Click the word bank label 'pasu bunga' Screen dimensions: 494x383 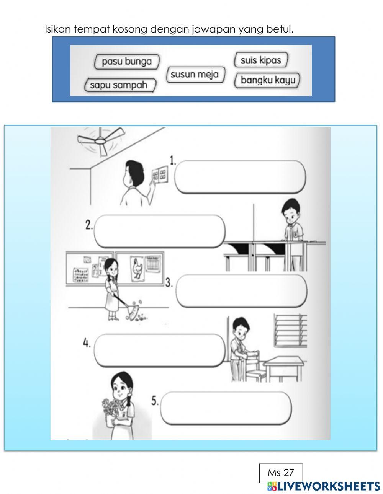(x=126, y=61)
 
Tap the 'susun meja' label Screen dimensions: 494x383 (x=195, y=74)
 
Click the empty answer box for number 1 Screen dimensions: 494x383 (x=240, y=177)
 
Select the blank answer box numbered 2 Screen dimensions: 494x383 (x=160, y=231)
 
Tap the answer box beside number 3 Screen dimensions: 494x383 (x=241, y=291)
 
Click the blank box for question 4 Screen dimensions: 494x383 (x=159, y=350)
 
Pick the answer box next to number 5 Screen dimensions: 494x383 (x=226, y=408)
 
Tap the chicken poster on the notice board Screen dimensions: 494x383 (x=137, y=269)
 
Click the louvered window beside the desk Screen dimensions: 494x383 (x=291, y=330)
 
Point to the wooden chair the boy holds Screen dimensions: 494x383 (x=253, y=364)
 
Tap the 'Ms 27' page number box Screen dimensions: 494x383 (x=281, y=473)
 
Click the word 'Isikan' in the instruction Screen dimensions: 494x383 (x=57, y=29)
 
